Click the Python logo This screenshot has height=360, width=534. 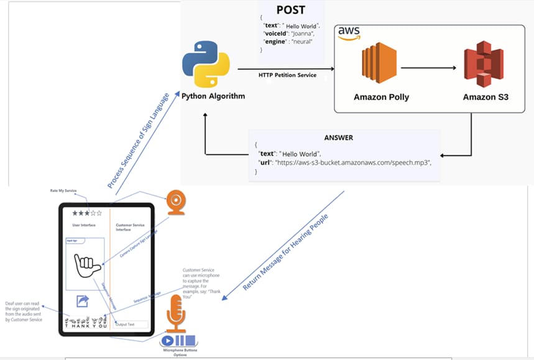(x=206, y=64)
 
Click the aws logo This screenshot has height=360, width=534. (x=349, y=33)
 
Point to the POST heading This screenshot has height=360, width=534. (x=292, y=11)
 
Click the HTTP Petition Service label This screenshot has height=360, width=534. (x=287, y=75)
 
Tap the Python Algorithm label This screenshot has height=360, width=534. (x=213, y=96)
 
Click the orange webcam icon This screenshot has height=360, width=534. (x=175, y=203)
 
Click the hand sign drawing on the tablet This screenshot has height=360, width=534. (x=86, y=268)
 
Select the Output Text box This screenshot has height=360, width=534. (x=132, y=324)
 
